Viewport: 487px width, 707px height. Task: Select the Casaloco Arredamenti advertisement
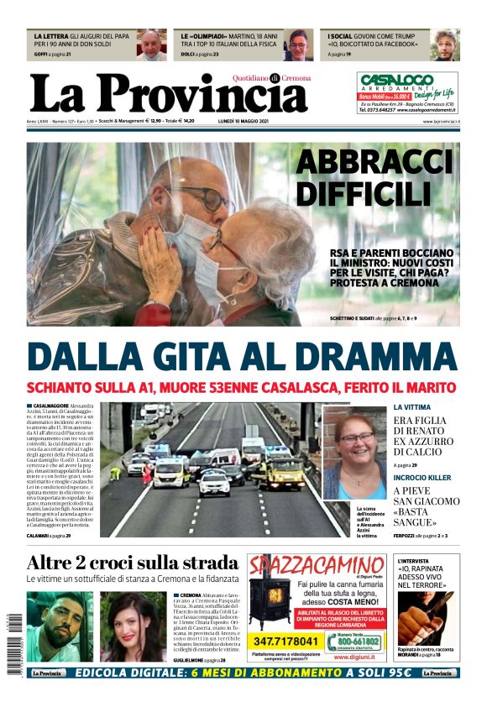407,92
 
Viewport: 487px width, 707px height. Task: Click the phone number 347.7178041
307,642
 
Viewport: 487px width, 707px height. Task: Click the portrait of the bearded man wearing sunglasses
59,626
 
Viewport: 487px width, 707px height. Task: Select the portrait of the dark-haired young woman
133,626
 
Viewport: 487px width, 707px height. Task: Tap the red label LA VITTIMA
412,407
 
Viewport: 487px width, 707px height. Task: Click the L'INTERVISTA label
416,560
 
